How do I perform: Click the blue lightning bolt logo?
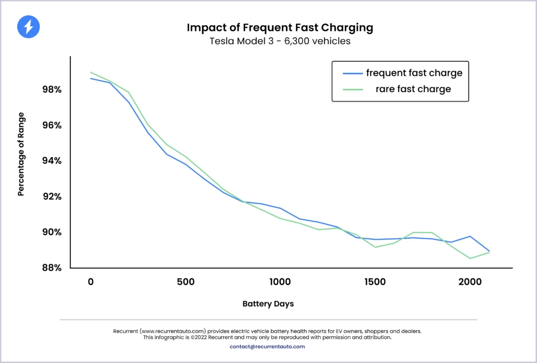pos(28,27)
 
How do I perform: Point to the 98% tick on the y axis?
pos(52,90)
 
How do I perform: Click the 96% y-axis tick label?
pos(52,125)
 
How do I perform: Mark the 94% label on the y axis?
pos(52,161)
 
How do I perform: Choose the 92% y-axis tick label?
pos(52,196)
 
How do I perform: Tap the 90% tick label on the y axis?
pos(52,232)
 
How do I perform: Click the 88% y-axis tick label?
pos(52,268)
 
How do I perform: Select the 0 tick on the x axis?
pos(91,282)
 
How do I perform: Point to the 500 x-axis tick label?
pos(185,282)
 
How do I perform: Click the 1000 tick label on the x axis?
pos(280,282)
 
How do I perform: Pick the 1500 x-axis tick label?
pos(375,282)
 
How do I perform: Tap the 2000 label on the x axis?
pos(470,282)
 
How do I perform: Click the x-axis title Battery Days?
pos(268,304)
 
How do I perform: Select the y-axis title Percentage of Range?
pos(21,154)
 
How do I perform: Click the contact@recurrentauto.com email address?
pos(267,346)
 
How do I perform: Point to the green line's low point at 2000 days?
pos(470,258)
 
